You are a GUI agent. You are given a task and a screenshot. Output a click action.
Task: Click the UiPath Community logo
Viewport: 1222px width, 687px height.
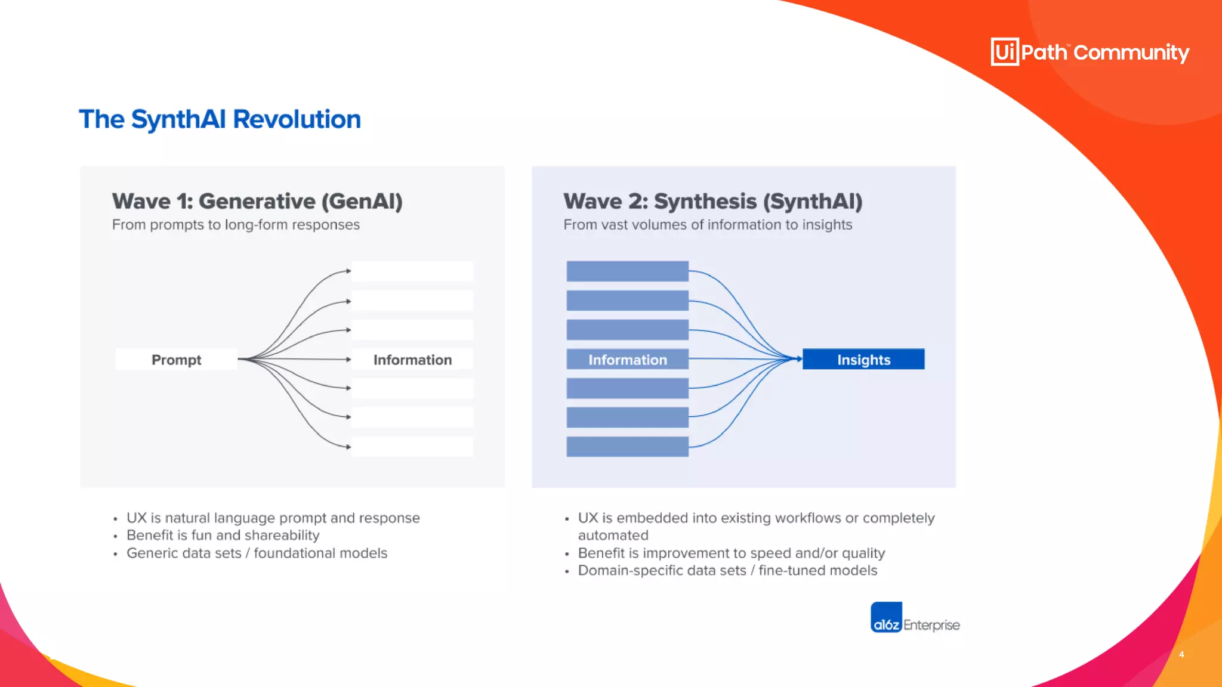pos(1090,52)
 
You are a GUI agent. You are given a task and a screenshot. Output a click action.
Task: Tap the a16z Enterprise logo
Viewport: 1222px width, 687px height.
pos(914,618)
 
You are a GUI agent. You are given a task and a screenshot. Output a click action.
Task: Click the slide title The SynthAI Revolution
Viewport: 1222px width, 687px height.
pos(220,119)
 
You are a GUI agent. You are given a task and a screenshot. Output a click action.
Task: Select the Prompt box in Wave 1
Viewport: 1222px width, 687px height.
pos(176,360)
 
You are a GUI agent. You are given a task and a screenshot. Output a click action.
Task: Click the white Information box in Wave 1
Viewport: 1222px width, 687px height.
pos(412,360)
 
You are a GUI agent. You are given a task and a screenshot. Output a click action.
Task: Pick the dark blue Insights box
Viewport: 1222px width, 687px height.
pos(863,360)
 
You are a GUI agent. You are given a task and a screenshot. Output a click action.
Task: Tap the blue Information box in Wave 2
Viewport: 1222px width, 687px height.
pos(627,360)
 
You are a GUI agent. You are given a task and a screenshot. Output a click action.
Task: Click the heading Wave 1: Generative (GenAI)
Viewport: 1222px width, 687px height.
pos(257,202)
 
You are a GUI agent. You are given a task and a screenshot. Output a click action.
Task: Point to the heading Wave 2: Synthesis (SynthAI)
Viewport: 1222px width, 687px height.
pos(712,202)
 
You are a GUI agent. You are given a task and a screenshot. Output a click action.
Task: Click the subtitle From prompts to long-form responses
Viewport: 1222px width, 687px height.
pos(236,225)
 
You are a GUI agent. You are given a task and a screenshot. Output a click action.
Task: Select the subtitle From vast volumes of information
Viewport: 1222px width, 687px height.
pos(707,225)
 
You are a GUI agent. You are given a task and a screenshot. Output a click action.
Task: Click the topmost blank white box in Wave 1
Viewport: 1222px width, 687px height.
pos(412,271)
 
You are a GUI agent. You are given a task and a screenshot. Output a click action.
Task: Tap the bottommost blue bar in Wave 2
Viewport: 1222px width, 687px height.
pos(627,447)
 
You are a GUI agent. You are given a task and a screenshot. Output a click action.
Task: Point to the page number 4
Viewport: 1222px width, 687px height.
pos(1181,654)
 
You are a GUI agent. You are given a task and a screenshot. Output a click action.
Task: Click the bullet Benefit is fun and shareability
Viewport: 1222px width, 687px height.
pos(223,536)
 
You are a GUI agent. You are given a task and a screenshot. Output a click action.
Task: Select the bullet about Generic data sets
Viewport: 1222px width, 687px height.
pos(257,553)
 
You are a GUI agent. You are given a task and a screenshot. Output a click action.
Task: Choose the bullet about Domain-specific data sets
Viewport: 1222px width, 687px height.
pos(727,571)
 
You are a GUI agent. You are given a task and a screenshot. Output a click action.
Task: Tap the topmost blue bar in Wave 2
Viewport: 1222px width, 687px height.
pos(627,271)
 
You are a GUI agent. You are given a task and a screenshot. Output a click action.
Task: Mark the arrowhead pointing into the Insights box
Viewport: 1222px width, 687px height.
pos(798,359)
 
